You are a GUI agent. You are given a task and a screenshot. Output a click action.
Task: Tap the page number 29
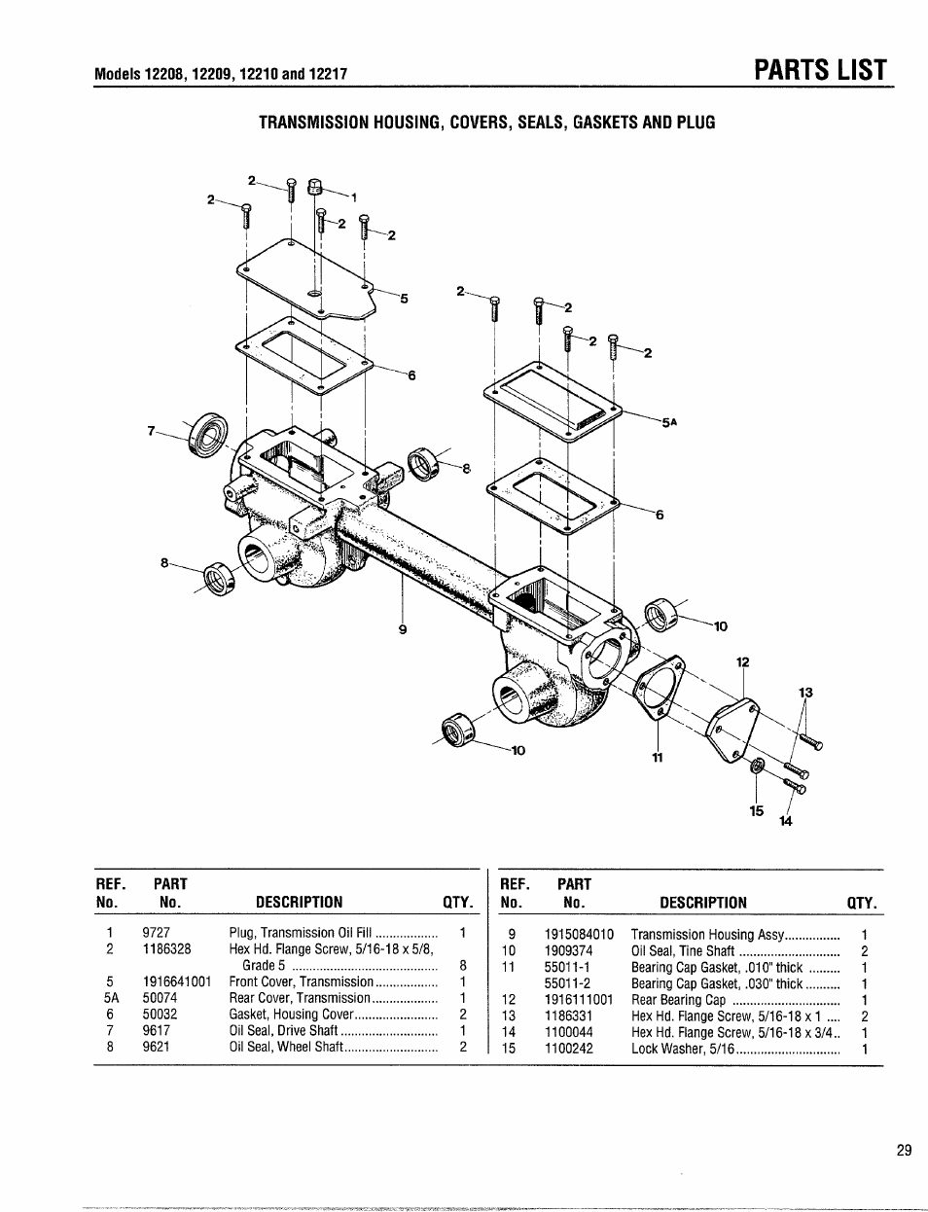pyautogui.click(x=904, y=1151)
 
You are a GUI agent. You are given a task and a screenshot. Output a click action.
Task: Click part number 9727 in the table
pyautogui.click(x=156, y=933)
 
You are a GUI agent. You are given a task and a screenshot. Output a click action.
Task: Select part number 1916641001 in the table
pyautogui.click(x=175, y=981)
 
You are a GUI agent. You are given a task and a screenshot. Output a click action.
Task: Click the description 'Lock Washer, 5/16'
pyautogui.click(x=681, y=1049)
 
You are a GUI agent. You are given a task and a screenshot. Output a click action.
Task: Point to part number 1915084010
pyautogui.click(x=572, y=935)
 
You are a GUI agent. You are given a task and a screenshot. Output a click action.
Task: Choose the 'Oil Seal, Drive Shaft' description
pyautogui.click(x=284, y=1031)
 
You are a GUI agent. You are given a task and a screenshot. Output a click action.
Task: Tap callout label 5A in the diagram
pyautogui.click(x=668, y=423)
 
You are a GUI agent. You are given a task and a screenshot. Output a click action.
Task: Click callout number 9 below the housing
pyautogui.click(x=402, y=629)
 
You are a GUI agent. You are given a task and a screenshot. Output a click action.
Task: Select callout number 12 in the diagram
pyautogui.click(x=743, y=662)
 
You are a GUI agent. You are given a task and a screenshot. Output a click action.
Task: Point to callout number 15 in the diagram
pyautogui.click(x=757, y=810)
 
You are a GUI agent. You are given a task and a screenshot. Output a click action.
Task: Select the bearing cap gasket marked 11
pyautogui.click(x=659, y=690)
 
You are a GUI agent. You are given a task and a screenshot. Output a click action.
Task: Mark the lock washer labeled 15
pyautogui.click(x=757, y=769)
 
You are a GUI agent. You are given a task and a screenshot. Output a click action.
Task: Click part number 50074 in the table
pyautogui.click(x=160, y=998)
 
